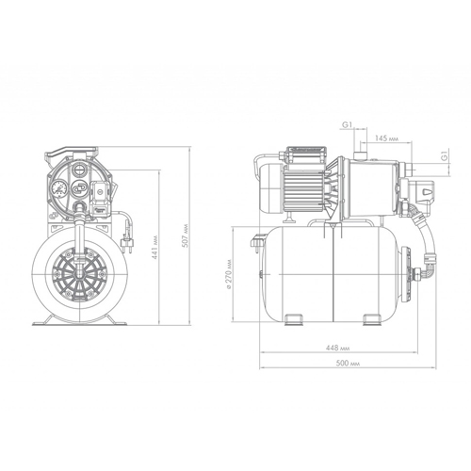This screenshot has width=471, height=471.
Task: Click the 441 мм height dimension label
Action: click(x=154, y=247)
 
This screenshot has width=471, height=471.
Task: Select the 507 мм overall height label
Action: click(x=185, y=235)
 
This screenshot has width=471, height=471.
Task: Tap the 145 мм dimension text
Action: click(x=386, y=138)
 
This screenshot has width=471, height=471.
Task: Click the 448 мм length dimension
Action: click(x=337, y=348)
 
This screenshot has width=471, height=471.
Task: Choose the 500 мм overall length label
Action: click(x=348, y=364)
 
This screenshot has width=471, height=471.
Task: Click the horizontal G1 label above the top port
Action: click(x=347, y=124)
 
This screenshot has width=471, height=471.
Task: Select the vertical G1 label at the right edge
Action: click(x=444, y=155)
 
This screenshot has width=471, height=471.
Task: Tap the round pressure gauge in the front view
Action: click(x=59, y=188)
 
